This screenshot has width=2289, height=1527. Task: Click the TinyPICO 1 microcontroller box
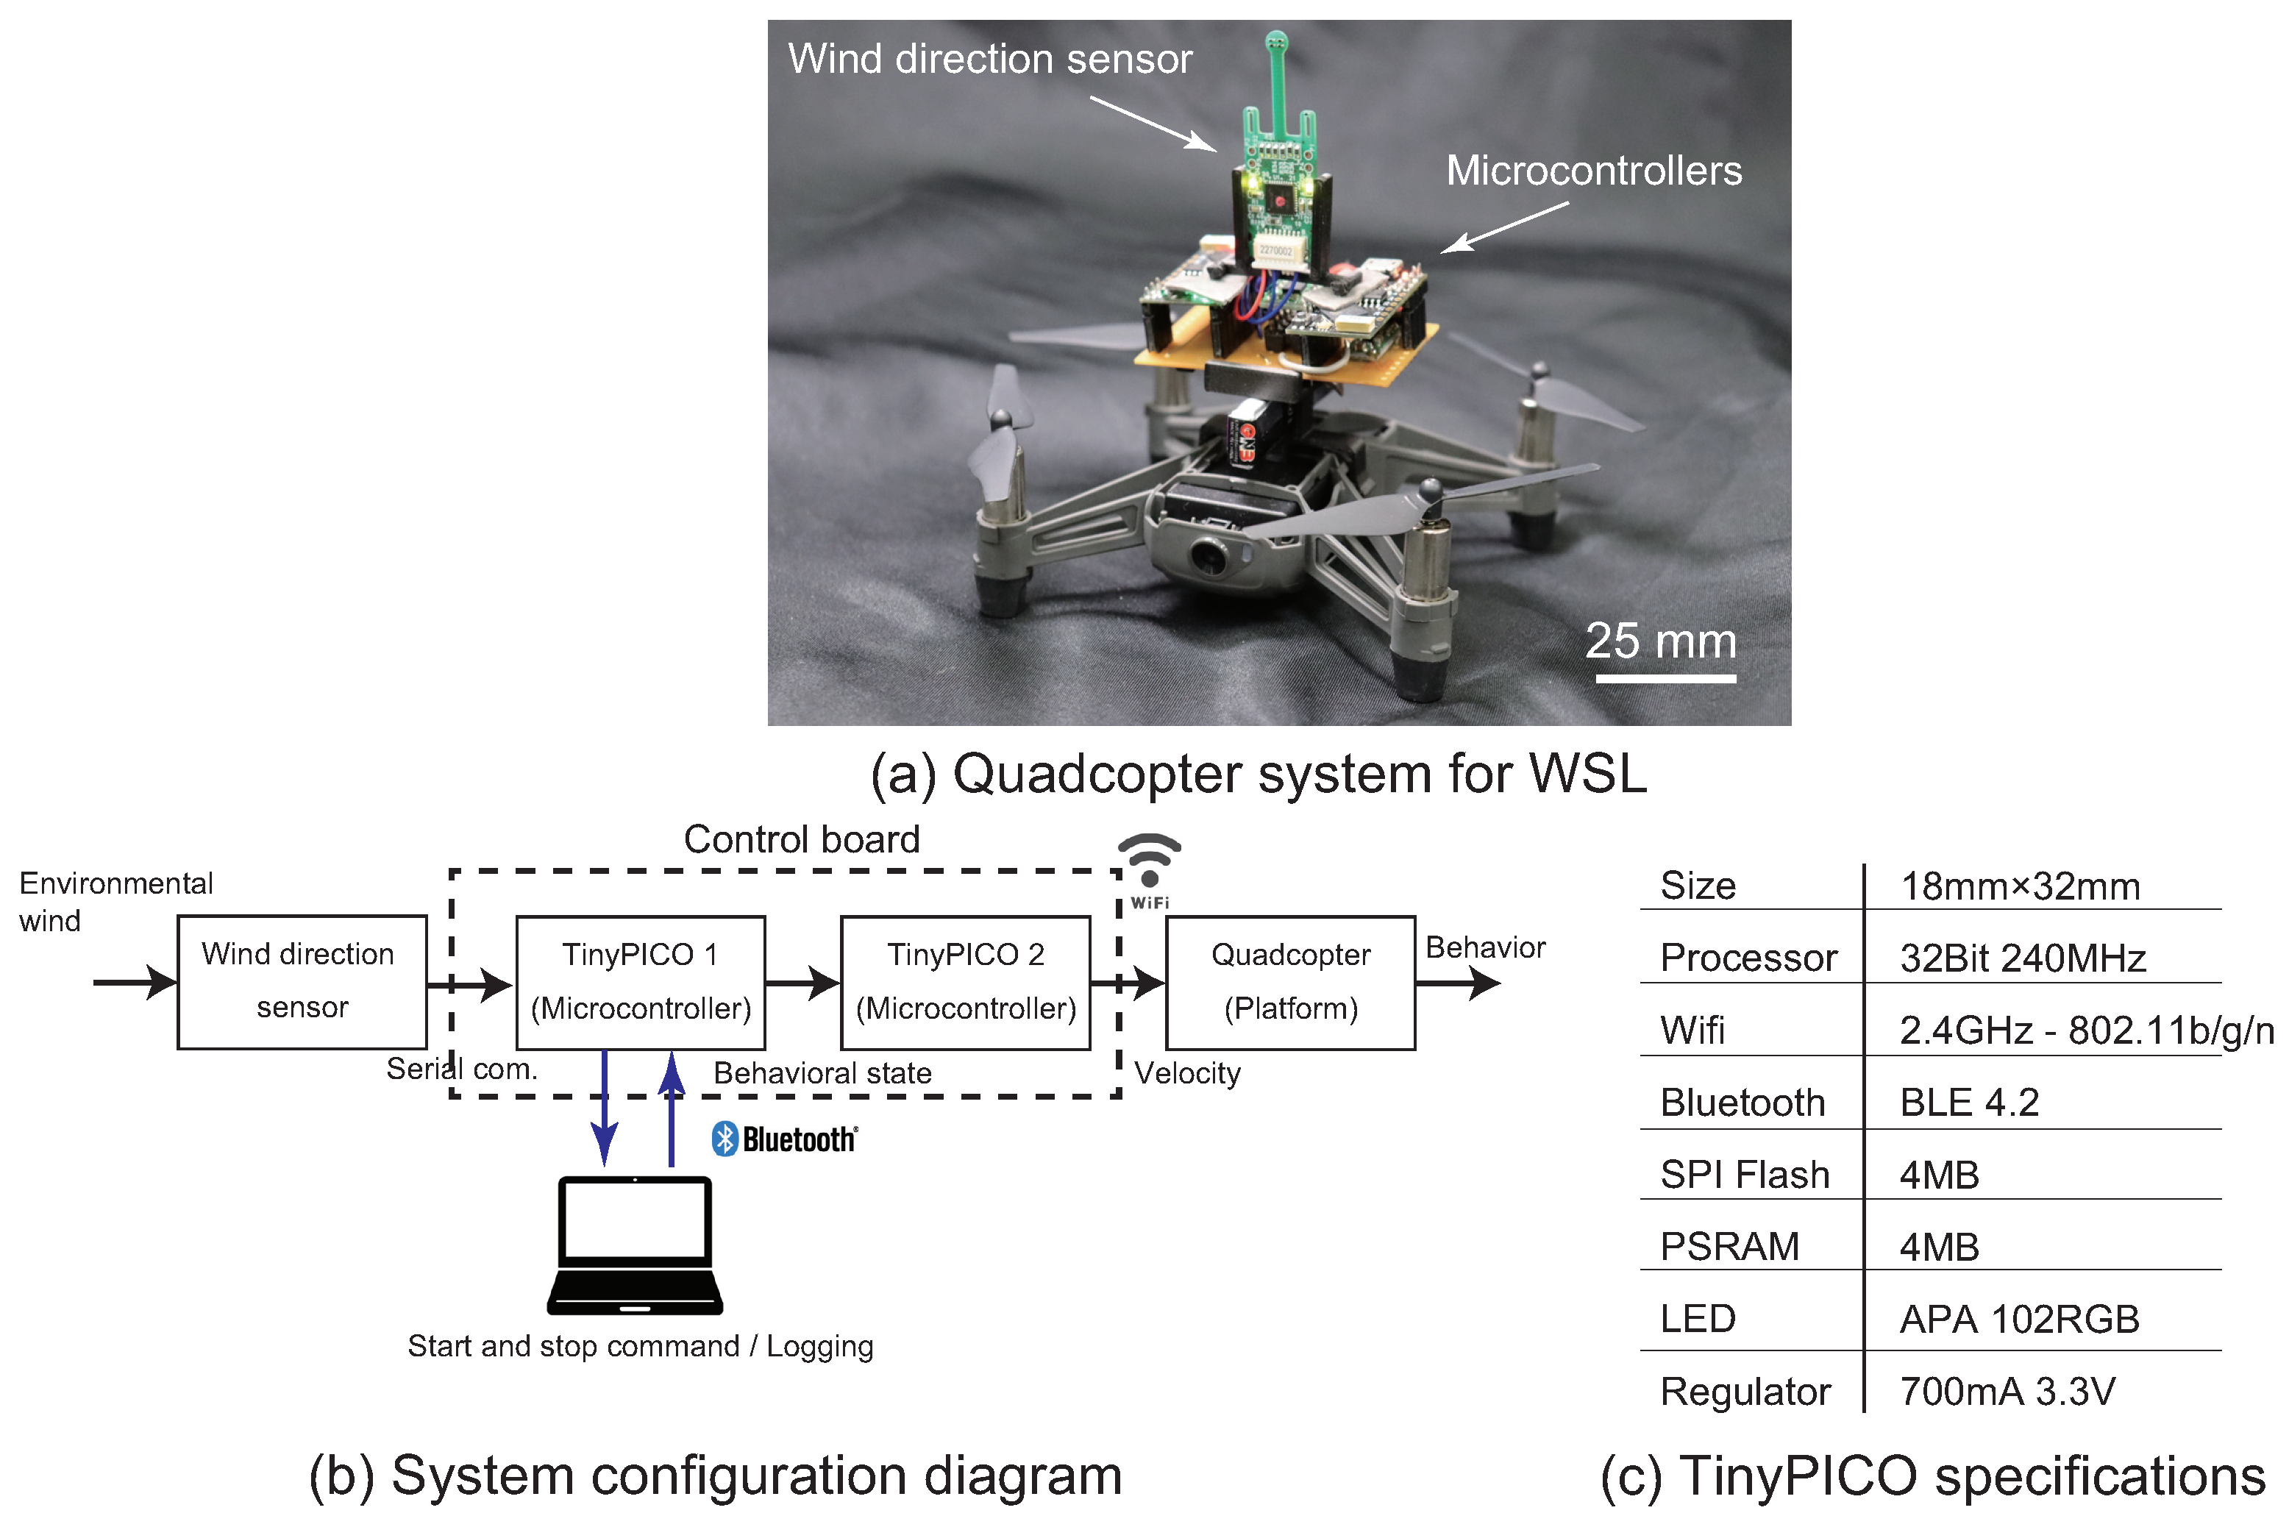(x=641, y=982)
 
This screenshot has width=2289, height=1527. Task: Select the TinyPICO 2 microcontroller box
(x=966, y=982)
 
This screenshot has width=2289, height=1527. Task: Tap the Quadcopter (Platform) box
(x=1290, y=982)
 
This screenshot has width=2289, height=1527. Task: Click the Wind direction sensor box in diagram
(x=302, y=982)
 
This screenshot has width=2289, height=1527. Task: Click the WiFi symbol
(x=1150, y=862)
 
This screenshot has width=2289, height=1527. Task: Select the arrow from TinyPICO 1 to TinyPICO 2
(x=802, y=983)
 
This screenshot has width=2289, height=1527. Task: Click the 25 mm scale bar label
(x=1661, y=641)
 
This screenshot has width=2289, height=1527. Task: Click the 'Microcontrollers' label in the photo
(x=1594, y=171)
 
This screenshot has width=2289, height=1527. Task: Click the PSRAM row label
(x=1729, y=1247)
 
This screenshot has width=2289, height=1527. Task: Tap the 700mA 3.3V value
(x=2007, y=1392)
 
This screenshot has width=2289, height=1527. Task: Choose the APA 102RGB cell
(x=2019, y=1320)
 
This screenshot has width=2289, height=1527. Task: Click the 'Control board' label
(x=801, y=839)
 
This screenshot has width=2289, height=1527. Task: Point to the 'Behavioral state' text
(x=823, y=1073)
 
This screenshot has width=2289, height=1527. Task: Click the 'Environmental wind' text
(x=115, y=902)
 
